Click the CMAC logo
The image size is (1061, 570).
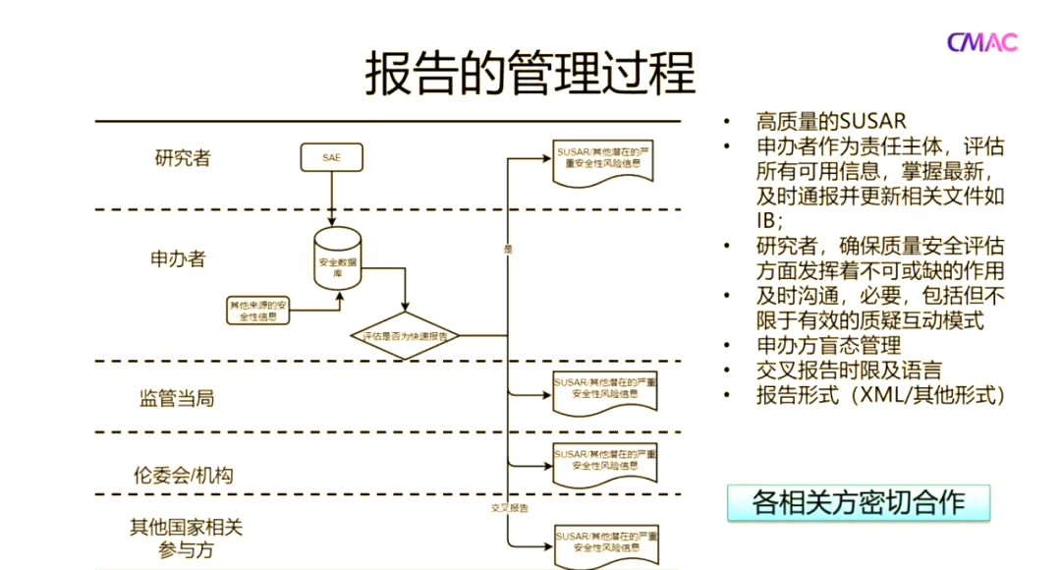981,41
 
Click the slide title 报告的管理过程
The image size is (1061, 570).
530,73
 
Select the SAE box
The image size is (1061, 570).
331,157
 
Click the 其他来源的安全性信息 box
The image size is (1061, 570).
258,311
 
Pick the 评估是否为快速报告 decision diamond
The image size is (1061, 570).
405,336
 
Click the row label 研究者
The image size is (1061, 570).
183,157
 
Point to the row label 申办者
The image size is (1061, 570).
178,258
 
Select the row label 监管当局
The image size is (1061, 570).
177,398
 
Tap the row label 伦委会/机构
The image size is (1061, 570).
184,475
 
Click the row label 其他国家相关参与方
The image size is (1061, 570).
186,538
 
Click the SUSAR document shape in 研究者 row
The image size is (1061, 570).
600,161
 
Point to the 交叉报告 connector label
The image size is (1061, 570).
510,508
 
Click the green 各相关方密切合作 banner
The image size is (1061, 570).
859,502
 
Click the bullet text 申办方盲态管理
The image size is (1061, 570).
828,345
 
